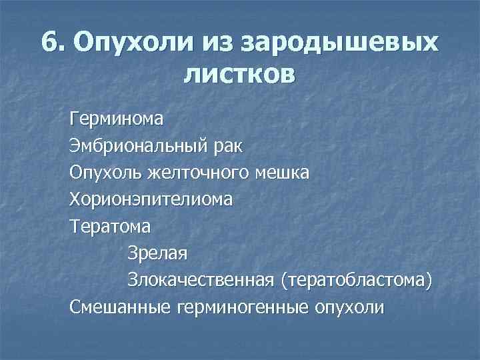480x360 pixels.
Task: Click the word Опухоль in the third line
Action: [x=108, y=172]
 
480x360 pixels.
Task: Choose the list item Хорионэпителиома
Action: [x=151, y=199]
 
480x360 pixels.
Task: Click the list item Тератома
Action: [x=110, y=226]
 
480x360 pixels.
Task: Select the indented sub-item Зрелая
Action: [x=158, y=253]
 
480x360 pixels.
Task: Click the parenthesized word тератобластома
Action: [x=355, y=280]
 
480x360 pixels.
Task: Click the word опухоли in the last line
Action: [x=349, y=307]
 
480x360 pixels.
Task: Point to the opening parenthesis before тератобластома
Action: [x=285, y=280]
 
